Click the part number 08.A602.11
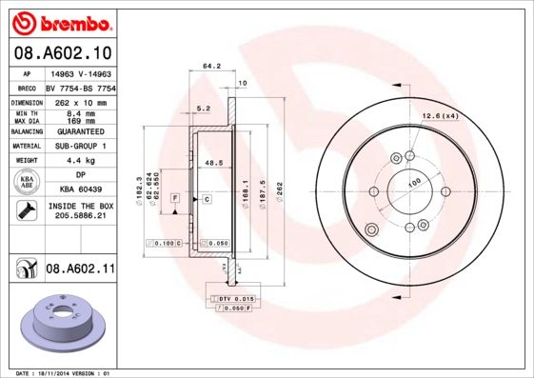(80, 269)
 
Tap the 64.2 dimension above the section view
(211, 67)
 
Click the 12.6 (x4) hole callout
(441, 116)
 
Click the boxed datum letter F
(176, 198)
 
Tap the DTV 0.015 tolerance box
(231, 300)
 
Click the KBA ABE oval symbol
(27, 183)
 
